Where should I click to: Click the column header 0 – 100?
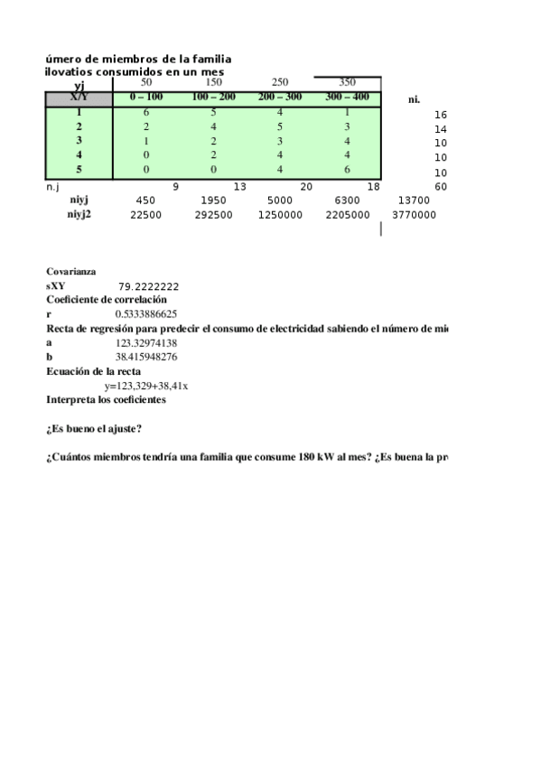(145, 97)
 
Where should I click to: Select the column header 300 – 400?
(347, 97)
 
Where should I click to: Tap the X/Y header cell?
(79, 97)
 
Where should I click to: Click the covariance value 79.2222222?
(147, 285)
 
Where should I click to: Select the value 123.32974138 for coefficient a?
(146, 342)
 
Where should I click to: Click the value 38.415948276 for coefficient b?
(146, 357)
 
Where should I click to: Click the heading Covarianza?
(71, 271)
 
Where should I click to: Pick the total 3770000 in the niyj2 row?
(414, 215)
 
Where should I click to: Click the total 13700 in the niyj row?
(414, 201)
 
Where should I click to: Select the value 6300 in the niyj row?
(347, 201)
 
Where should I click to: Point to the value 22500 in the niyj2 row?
(145, 215)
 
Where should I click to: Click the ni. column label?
(414, 99)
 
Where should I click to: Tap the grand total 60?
(441, 186)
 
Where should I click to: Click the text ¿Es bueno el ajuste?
(93, 429)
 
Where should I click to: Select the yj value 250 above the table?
(280, 82)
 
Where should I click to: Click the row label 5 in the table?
(79, 169)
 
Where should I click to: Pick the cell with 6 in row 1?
(145, 111)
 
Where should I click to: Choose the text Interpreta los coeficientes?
(106, 399)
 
